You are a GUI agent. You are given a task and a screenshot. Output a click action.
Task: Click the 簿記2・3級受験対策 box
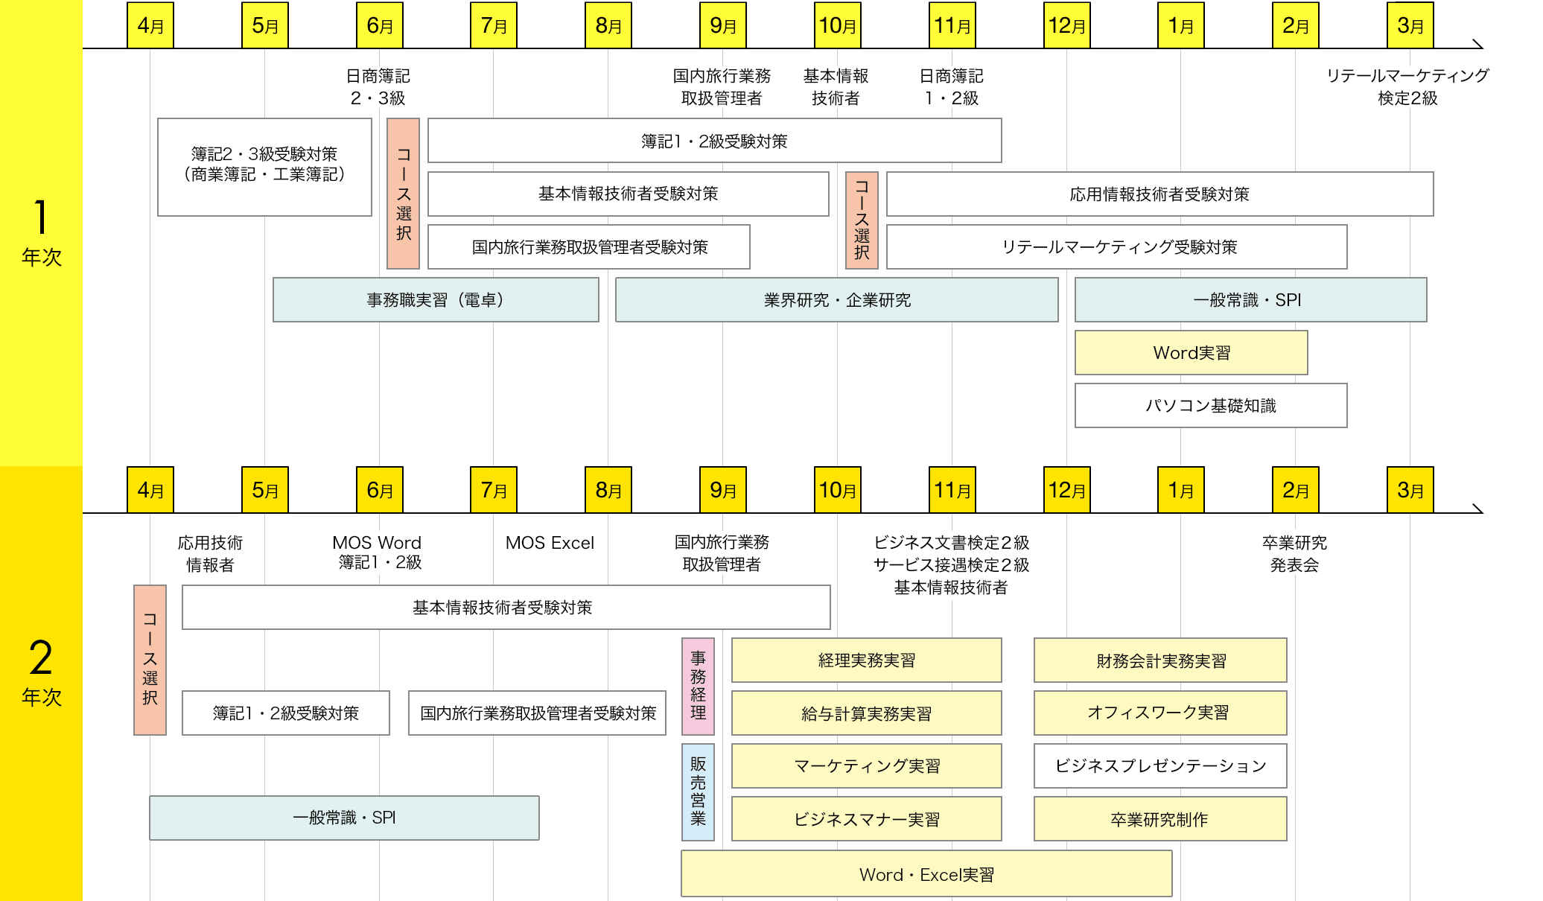264,167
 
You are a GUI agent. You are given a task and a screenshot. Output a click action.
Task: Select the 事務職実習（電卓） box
436,300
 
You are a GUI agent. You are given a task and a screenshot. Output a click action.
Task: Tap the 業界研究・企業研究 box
836,300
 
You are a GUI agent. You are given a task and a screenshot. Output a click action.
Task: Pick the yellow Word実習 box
1191,353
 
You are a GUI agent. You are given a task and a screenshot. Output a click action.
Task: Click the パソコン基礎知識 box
1210,406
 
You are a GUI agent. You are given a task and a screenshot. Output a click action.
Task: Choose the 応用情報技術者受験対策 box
1159,194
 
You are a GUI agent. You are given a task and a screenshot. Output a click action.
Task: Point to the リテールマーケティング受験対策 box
1116,247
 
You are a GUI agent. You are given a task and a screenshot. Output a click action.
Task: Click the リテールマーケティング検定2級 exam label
1407,86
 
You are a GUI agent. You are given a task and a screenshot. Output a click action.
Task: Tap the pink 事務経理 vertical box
698,686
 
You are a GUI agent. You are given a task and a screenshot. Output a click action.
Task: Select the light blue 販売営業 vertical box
698,792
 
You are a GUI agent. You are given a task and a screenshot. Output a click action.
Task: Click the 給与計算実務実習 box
866,713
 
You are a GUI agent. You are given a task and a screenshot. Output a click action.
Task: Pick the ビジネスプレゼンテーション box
1159,766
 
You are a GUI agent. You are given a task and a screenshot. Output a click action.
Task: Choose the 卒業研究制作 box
1159,819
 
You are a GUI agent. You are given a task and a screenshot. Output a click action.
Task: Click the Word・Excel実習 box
926,875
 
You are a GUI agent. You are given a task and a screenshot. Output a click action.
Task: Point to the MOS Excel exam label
550,543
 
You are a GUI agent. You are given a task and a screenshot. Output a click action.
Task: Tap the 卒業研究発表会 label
1294,554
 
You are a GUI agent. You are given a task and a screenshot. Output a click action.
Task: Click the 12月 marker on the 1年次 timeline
1066,26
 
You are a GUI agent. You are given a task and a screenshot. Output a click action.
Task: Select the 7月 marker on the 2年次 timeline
494,490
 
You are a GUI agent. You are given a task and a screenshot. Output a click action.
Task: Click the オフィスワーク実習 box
1159,713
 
